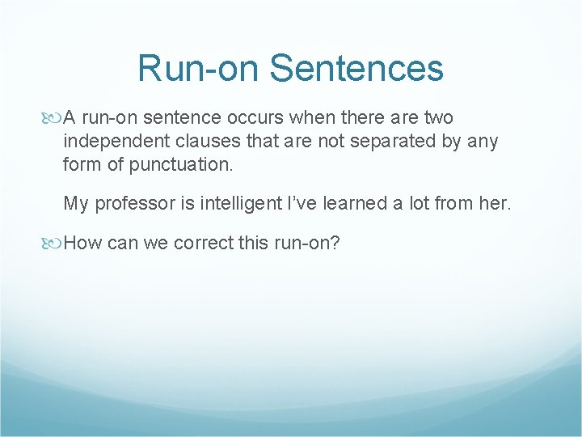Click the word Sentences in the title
point(356,69)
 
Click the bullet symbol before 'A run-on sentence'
point(55,118)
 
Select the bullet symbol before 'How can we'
point(55,243)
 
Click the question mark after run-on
point(335,243)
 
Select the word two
point(438,118)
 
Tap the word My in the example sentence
point(75,204)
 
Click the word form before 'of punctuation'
point(81,165)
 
